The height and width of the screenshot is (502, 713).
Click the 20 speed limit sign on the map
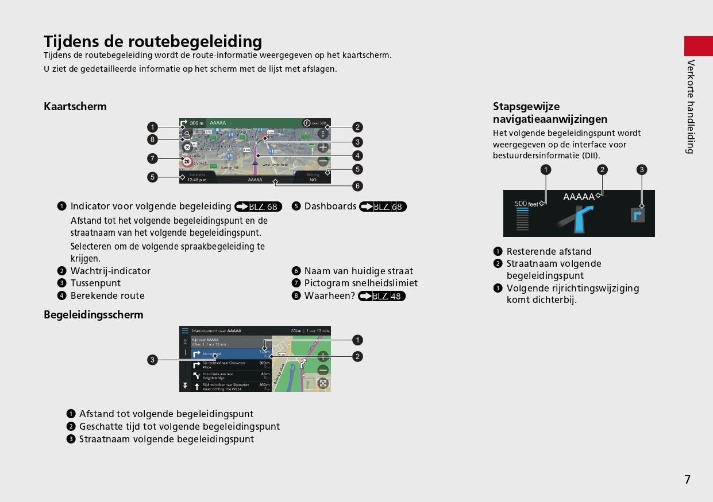click(187, 162)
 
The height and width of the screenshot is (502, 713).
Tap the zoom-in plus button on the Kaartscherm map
click(323, 147)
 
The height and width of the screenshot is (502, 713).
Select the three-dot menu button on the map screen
click(323, 134)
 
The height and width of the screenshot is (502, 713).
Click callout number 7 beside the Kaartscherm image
click(152, 158)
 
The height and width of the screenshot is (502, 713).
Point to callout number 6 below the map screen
click(357, 186)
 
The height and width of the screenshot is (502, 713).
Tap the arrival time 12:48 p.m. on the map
click(197, 180)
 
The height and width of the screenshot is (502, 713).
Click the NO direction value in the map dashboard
click(313, 180)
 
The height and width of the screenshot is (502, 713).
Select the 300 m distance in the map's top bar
click(197, 123)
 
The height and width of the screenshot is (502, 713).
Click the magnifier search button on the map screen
click(187, 133)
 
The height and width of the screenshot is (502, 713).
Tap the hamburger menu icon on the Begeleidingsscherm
click(185, 330)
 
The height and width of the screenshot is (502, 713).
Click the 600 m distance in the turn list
click(264, 385)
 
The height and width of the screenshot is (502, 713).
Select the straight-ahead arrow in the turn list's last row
click(196, 387)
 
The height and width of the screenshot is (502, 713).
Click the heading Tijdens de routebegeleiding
click(153, 41)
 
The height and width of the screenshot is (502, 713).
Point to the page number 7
click(687, 480)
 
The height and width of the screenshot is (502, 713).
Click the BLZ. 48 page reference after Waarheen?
click(381, 296)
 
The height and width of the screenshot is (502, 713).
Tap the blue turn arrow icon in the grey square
click(638, 215)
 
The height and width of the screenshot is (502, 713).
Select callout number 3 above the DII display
click(642, 169)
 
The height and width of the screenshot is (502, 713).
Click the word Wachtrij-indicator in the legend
click(110, 271)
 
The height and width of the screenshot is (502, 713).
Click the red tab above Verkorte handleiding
click(698, 45)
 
